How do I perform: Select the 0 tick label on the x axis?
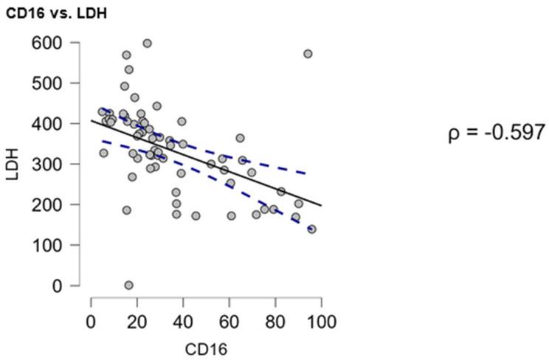point(91,322)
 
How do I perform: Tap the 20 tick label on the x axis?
point(137,322)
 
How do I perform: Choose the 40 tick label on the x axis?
point(183,322)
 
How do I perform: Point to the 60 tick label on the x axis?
point(229,322)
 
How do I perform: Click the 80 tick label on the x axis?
point(275,322)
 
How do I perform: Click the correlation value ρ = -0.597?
point(497,134)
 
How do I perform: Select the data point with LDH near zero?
point(128,285)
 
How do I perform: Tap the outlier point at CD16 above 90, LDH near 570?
point(308,54)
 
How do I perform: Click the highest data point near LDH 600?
point(147,44)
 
